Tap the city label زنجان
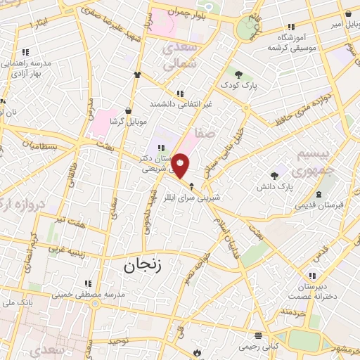click(x=143, y=266)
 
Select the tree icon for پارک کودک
click(x=239, y=74)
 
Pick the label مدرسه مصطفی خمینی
click(x=91, y=293)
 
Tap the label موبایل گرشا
click(x=127, y=121)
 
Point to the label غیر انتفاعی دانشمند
click(x=180, y=103)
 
